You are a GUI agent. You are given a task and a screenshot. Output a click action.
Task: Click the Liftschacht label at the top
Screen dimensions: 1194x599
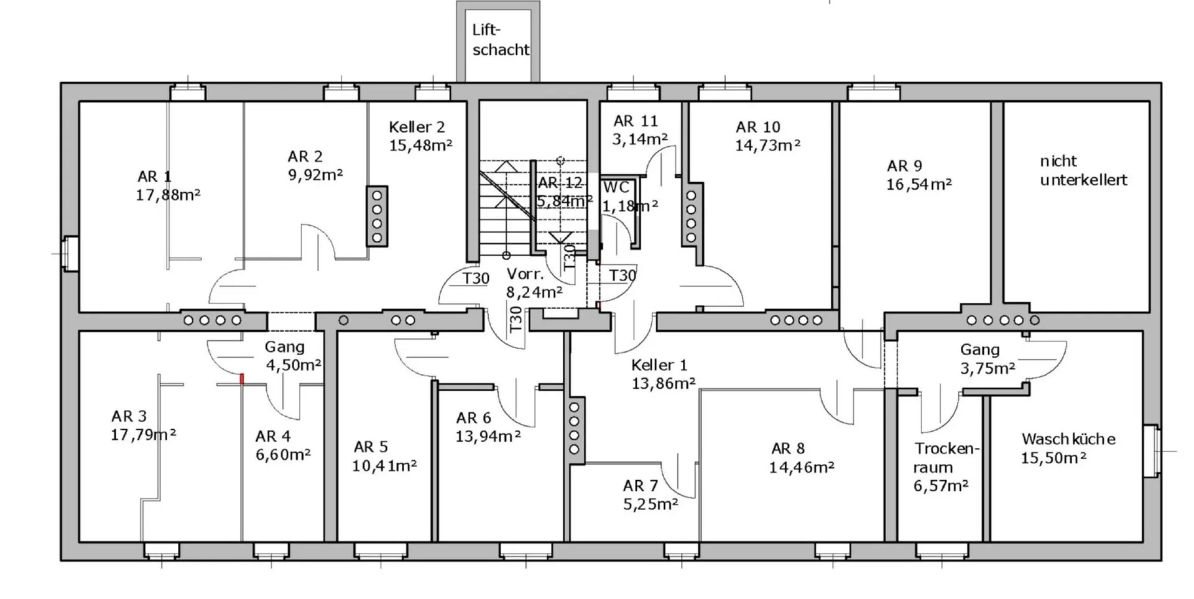pos(501,40)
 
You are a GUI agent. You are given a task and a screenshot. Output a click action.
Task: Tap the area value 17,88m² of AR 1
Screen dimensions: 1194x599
pos(168,195)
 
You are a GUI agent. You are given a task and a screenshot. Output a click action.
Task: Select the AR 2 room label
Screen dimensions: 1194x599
pos(305,156)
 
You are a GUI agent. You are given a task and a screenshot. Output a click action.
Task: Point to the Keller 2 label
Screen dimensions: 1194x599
pos(417,127)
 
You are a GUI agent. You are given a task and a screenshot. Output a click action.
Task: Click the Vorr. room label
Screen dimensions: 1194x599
pos(525,274)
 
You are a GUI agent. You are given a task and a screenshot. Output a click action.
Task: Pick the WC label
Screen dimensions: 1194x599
pos(616,187)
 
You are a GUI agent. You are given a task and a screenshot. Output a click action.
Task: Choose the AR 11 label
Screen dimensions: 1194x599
pos(636,121)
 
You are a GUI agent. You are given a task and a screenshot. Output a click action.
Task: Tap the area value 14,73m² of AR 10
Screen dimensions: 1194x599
pos(767,146)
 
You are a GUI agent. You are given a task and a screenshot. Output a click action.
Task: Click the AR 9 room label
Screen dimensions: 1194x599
pos(904,166)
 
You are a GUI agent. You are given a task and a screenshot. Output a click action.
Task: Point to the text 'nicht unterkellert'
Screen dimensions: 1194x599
pos(1083,170)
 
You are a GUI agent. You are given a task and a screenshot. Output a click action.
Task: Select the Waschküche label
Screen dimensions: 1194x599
pos(1068,439)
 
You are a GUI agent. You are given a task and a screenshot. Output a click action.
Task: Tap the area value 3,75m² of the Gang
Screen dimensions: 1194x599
pos(988,369)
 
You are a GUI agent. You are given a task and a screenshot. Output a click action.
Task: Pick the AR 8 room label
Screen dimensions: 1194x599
pos(788,448)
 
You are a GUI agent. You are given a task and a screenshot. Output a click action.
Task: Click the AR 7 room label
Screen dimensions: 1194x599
pos(641,486)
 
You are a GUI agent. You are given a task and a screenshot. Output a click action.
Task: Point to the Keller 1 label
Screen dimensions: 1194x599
pos(659,365)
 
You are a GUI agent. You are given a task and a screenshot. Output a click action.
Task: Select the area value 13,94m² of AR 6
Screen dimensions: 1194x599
pos(488,437)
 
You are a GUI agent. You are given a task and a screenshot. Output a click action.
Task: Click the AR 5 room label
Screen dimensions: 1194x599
pos(371,447)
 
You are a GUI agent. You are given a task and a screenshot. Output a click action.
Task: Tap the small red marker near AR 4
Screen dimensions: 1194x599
pos(242,379)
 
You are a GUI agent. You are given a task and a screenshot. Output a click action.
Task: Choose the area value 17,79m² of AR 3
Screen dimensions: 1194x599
pos(143,435)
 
